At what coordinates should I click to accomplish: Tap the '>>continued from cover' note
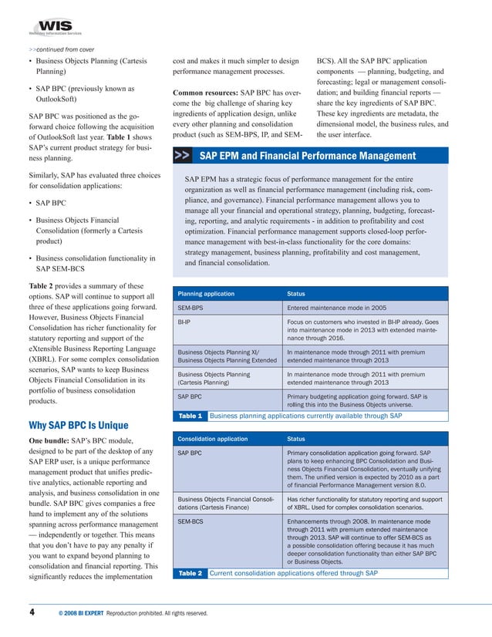tap(56, 50)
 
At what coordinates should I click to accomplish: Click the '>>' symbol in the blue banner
tap(183, 156)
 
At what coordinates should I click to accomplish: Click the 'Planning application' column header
tap(206, 294)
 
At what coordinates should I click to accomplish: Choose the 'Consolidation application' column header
tap(214, 438)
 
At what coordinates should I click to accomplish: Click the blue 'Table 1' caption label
tap(190, 416)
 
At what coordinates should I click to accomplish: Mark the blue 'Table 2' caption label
tap(190, 573)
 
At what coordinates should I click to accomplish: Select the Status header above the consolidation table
tap(296, 438)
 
